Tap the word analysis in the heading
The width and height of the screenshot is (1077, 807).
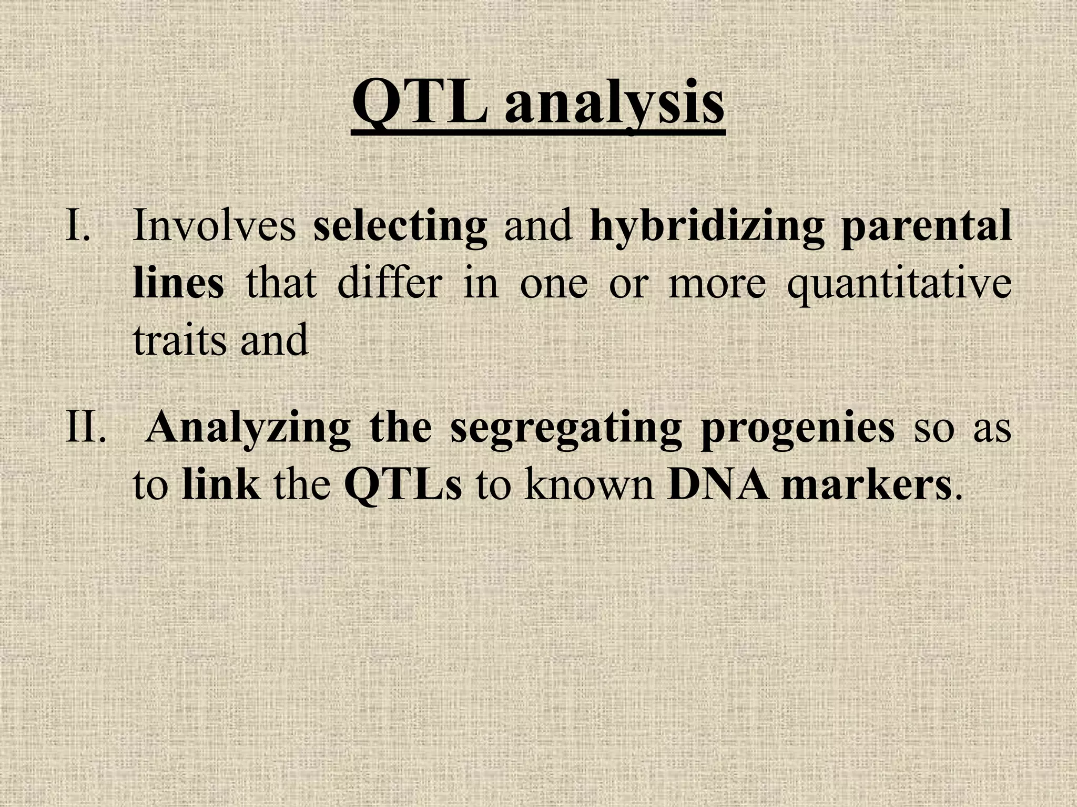pyautogui.click(x=614, y=105)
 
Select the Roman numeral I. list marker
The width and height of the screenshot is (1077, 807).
pyautogui.click(x=77, y=225)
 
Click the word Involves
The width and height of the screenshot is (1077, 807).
pyautogui.click(x=215, y=225)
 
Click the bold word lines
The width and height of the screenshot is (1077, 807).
pyautogui.click(x=178, y=283)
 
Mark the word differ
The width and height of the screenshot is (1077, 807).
pyautogui.click(x=389, y=283)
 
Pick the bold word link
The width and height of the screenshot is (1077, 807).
pyautogui.click(x=221, y=484)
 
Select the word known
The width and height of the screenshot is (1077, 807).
pyautogui.click(x=589, y=484)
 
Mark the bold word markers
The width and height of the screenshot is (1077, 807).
pyautogui.click(x=867, y=484)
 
